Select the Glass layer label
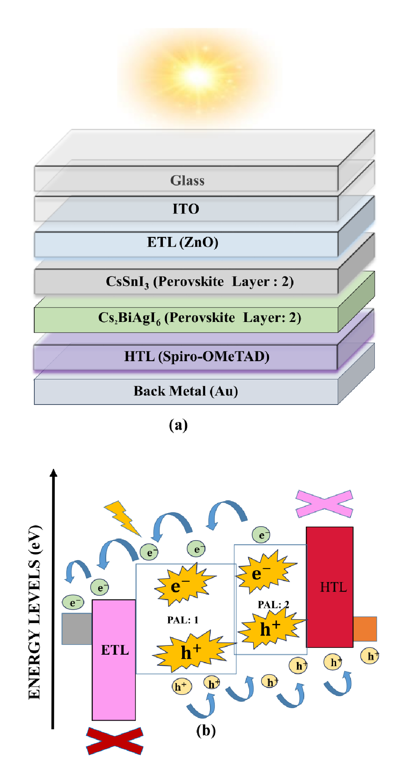tap(187, 181)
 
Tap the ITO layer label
tap(186, 209)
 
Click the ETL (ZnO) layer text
tap(182, 242)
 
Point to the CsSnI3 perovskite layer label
tap(200, 282)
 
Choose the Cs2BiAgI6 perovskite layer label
tap(200, 318)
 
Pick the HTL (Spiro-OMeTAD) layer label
tap(196, 356)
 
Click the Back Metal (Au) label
tap(186, 391)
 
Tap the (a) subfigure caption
tap(178, 425)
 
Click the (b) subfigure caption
tap(206, 730)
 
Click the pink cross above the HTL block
tap(324, 503)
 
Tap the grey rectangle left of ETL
tap(77, 629)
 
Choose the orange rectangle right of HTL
tap(365, 629)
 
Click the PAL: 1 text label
tap(182, 620)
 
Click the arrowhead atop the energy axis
tap(53, 473)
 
